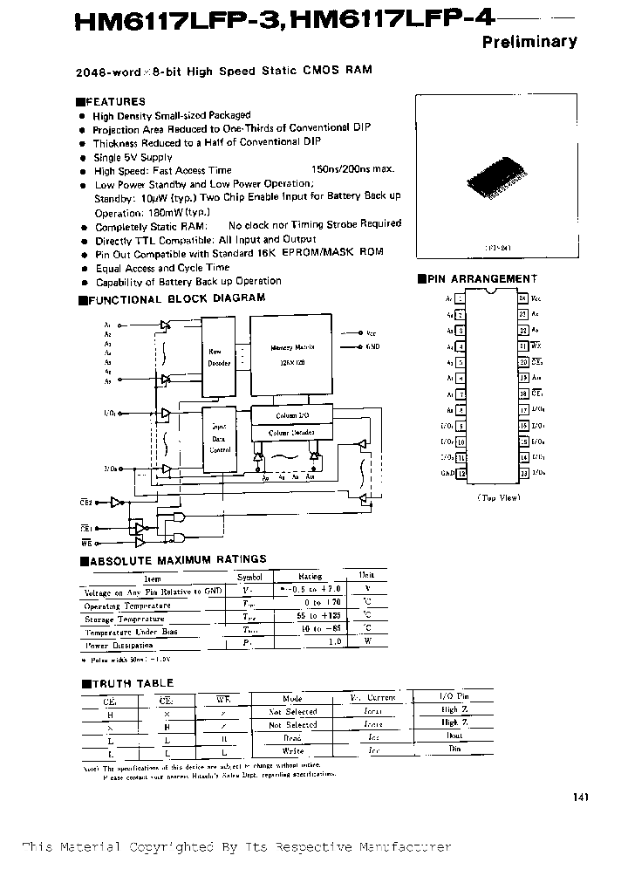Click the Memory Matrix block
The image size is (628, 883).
click(291, 353)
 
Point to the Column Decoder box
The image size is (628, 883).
click(290, 433)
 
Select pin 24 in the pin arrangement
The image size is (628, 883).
click(522, 298)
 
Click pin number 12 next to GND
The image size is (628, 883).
click(461, 473)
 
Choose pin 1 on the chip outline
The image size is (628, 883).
click(461, 298)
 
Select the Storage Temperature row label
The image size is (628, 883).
click(124, 619)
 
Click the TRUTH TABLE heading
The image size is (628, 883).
click(132, 682)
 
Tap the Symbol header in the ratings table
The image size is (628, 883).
click(249, 577)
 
